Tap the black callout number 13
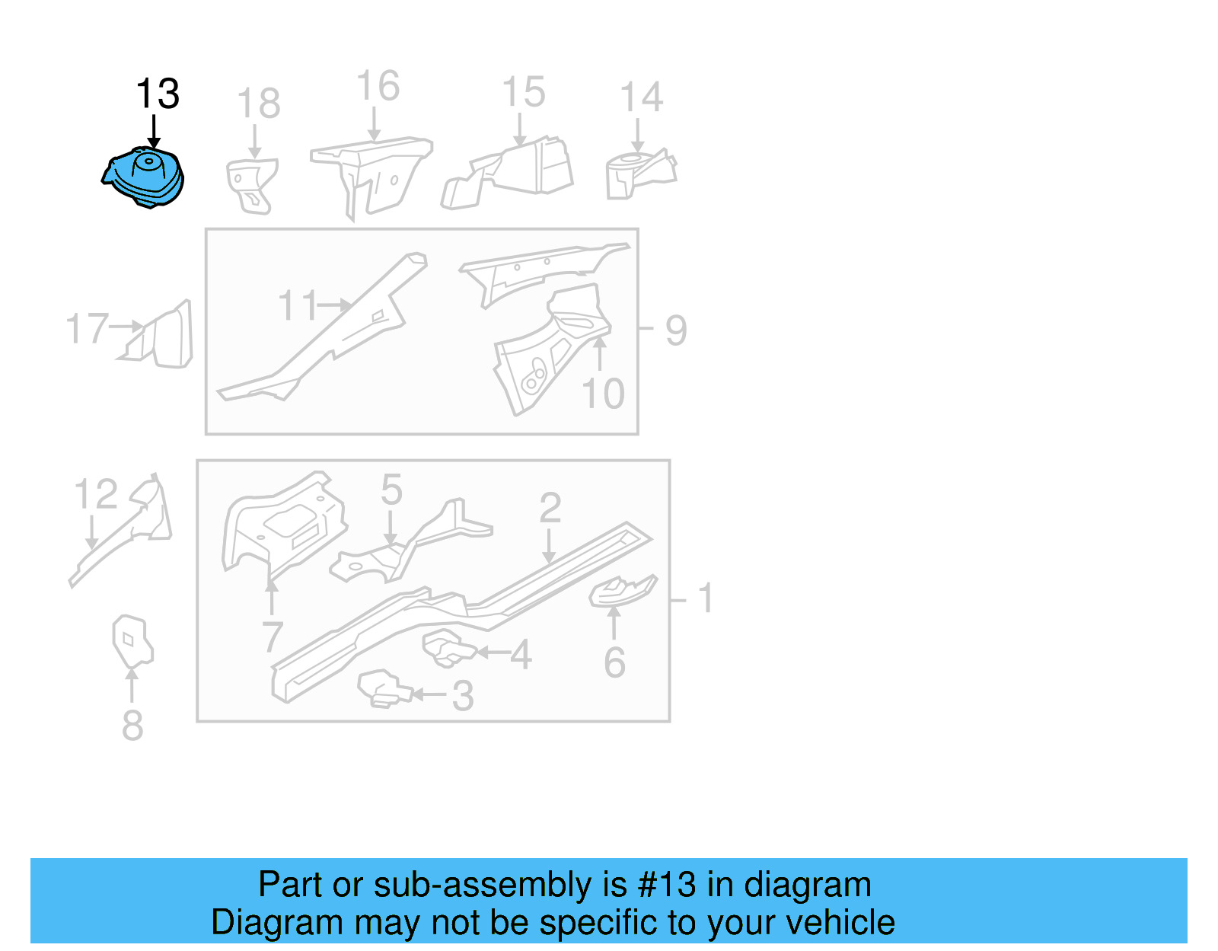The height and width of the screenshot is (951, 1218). click(x=158, y=94)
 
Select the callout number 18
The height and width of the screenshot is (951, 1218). click(x=258, y=104)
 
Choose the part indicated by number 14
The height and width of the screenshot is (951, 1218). click(x=636, y=174)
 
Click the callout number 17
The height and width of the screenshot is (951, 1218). click(x=87, y=329)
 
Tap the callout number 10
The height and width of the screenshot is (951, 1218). click(x=603, y=394)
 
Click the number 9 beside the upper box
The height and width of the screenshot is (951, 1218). click(x=676, y=330)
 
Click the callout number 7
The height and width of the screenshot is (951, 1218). click(x=273, y=637)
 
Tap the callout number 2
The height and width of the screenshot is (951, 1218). click(x=550, y=509)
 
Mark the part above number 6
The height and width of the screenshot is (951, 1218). click(x=620, y=591)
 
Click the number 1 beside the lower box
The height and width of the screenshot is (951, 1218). click(x=706, y=598)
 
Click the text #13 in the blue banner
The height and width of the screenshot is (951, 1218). click(x=666, y=885)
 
